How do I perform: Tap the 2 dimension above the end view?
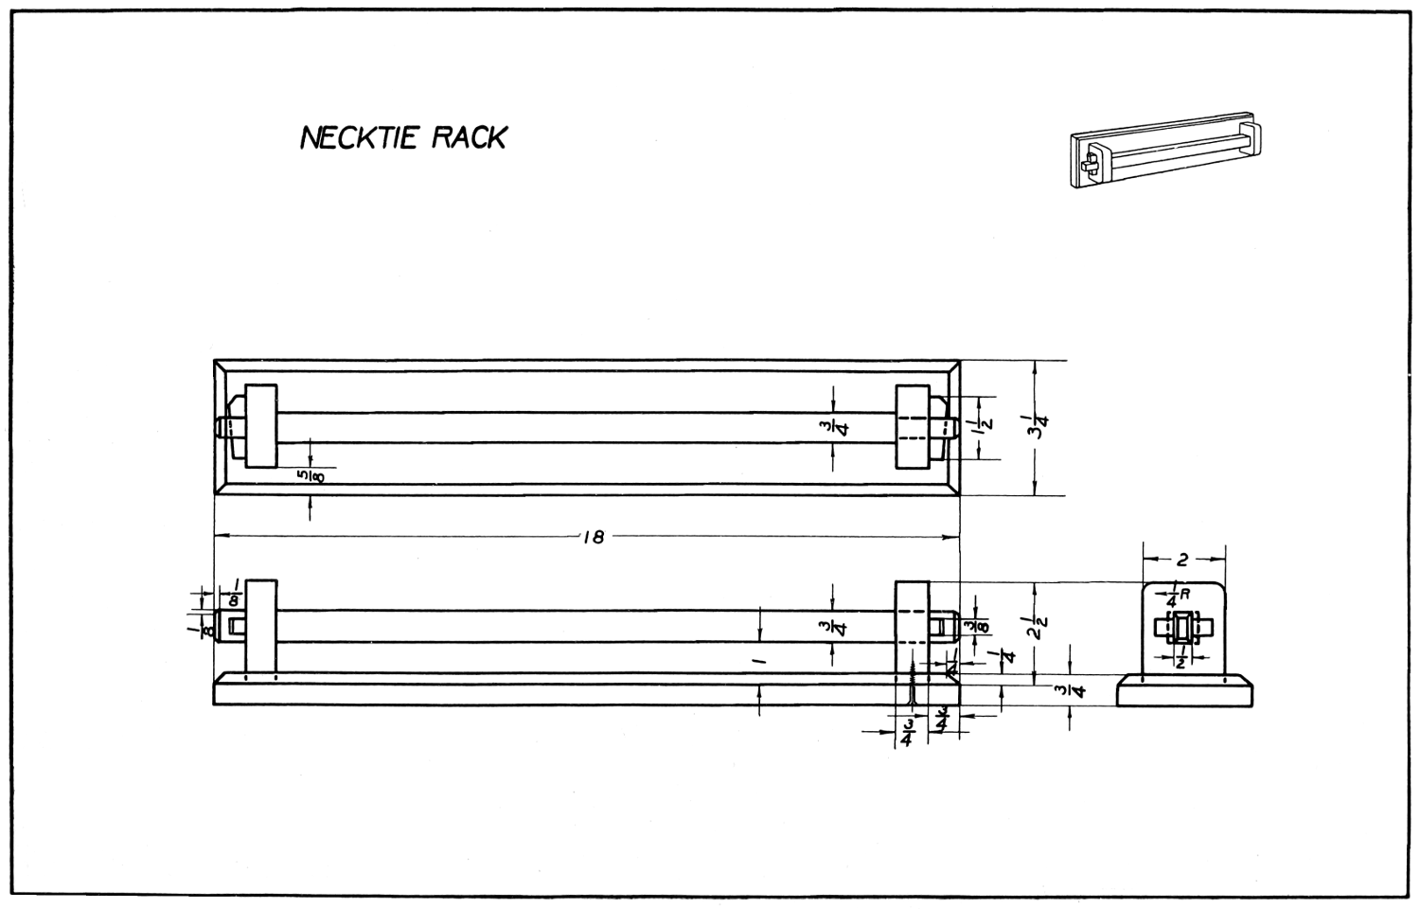(1182, 560)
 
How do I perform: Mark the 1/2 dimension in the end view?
(1180, 661)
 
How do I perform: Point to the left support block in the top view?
(260, 426)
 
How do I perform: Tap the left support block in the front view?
(260, 626)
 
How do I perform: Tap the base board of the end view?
(1185, 691)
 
